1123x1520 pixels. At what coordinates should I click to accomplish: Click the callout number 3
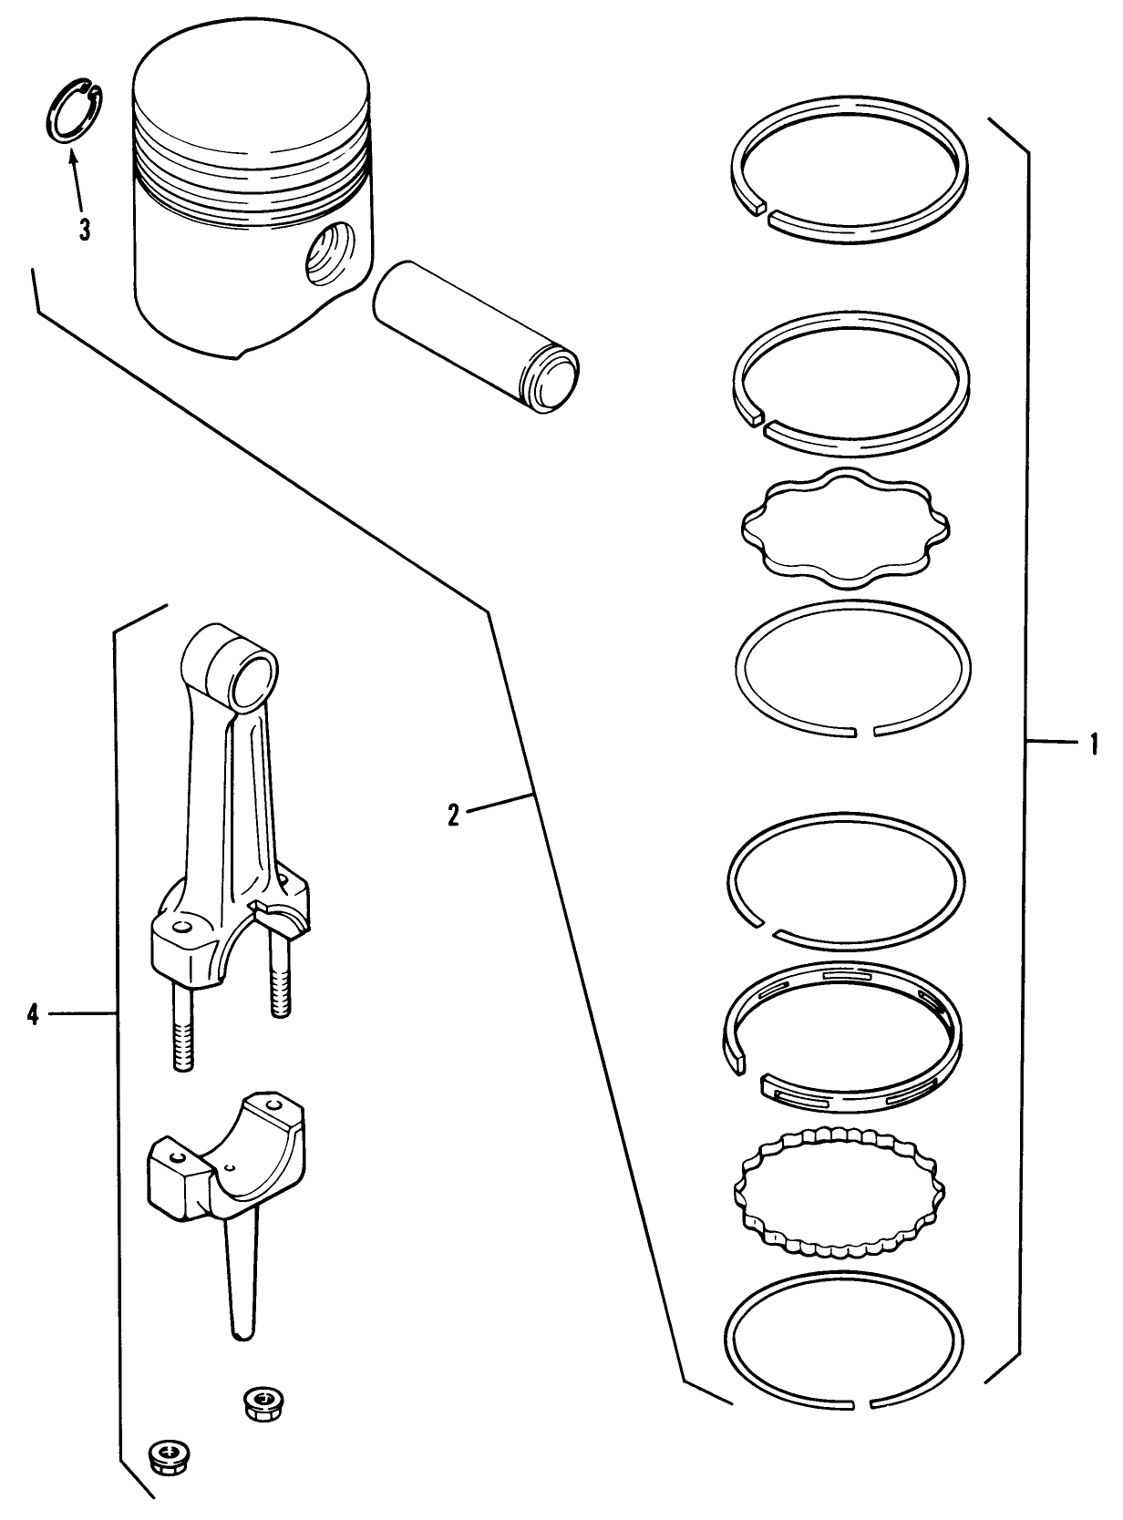(x=84, y=229)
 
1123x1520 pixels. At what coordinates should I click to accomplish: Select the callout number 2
(x=452, y=814)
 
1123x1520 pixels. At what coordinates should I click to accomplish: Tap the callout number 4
(x=33, y=1013)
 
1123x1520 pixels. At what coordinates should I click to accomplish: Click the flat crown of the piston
(x=251, y=87)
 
